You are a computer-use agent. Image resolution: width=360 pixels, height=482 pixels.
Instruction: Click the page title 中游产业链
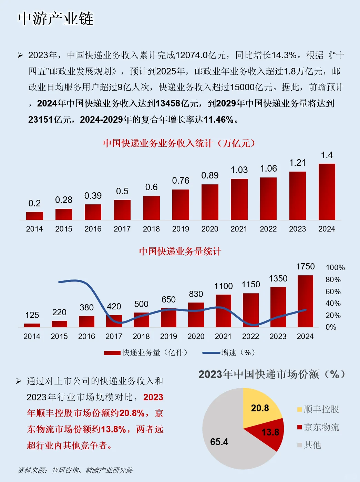click(56, 19)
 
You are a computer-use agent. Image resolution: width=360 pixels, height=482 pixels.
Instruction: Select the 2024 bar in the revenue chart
click(327, 192)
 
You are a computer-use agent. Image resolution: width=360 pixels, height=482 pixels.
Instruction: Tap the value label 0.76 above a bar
click(181, 181)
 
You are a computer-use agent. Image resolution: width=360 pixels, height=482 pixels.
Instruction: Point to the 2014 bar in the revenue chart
click(34, 216)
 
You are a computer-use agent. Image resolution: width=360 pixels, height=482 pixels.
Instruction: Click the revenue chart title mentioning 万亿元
click(179, 143)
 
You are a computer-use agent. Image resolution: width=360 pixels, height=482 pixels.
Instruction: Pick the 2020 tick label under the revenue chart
click(210, 229)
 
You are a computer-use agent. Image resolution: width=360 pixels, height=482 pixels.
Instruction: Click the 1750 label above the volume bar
click(305, 267)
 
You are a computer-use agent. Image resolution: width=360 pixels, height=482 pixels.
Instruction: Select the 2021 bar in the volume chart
click(223, 311)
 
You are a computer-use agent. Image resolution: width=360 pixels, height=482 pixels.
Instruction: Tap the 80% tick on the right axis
click(333, 279)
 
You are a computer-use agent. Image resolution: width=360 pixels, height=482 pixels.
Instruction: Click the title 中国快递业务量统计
click(180, 252)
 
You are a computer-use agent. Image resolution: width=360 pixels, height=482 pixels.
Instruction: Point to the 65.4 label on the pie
click(219, 442)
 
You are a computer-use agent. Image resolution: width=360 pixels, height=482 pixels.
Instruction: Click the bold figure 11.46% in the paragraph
click(218, 120)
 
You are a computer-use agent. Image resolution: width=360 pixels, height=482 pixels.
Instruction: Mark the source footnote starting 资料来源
click(75, 470)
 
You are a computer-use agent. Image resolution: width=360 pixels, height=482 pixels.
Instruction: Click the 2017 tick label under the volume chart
click(114, 336)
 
